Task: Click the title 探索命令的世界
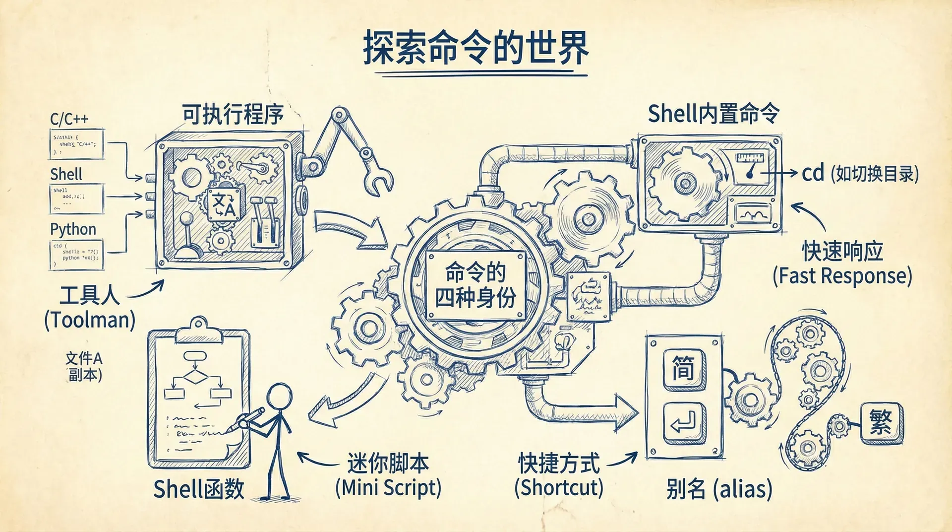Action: pyautogui.click(x=476, y=48)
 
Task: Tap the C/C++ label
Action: pyautogui.click(x=69, y=119)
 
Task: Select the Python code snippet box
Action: pyautogui.click(x=76, y=255)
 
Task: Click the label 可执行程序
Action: pyautogui.click(x=233, y=115)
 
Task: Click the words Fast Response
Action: pyautogui.click(x=842, y=276)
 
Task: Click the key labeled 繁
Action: pyautogui.click(x=881, y=423)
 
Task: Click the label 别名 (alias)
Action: pyautogui.click(x=719, y=489)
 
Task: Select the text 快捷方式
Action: pyautogui.click(x=559, y=463)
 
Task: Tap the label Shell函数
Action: pyautogui.click(x=198, y=489)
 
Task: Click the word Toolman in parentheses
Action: pyautogui.click(x=90, y=320)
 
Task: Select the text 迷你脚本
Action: pyautogui.click(x=388, y=463)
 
